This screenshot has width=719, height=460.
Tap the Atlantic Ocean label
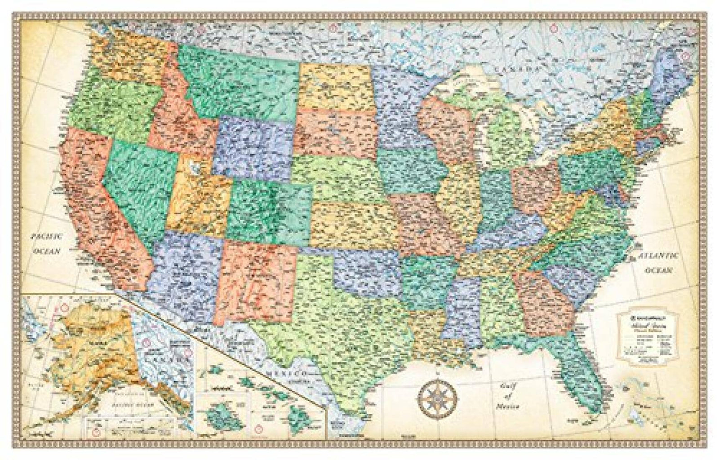coord(658,263)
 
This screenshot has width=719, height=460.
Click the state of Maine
coord(672,74)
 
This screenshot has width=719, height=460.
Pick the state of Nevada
coord(139,189)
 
